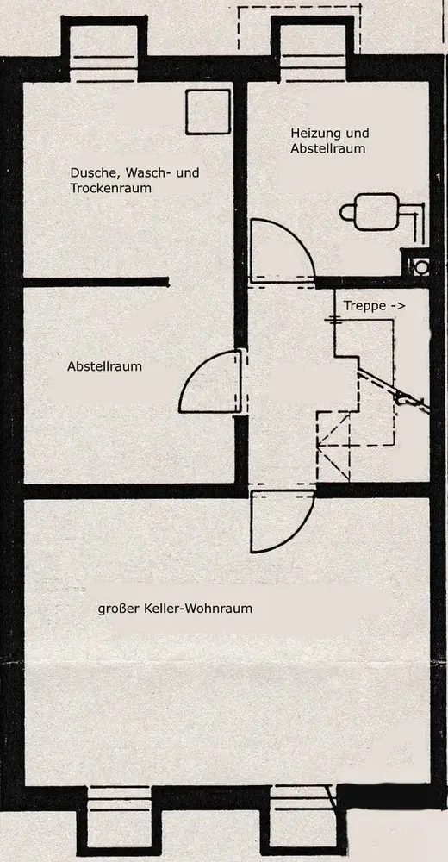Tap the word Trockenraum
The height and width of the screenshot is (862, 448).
tap(110, 188)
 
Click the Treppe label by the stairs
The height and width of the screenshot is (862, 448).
tap(364, 306)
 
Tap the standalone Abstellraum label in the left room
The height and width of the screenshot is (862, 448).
tap(104, 366)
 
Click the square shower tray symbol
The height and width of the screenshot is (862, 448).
tap(208, 111)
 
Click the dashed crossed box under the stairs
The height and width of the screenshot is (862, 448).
tap(333, 447)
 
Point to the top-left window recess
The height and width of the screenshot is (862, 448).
tap(104, 48)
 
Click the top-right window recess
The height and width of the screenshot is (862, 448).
tap(312, 48)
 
